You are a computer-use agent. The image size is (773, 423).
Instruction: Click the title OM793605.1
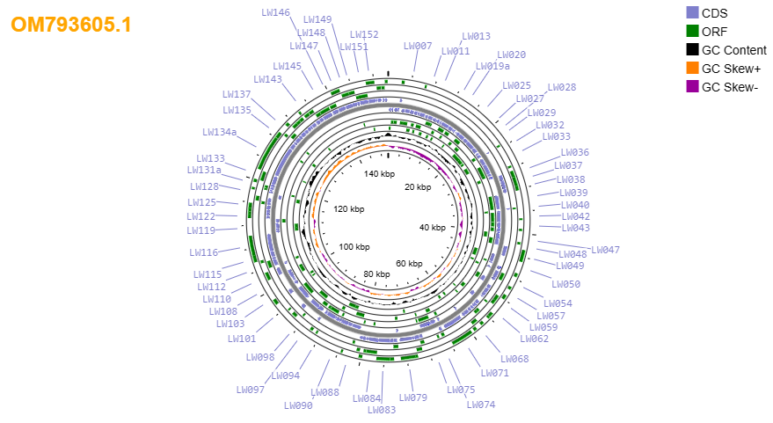coord(71,24)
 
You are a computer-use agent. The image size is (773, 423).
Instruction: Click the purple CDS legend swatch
coord(692,13)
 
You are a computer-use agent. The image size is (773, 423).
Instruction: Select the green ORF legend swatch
coord(692,31)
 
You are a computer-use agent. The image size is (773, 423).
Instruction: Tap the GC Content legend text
coord(734,50)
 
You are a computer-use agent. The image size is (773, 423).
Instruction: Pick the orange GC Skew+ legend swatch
coord(692,68)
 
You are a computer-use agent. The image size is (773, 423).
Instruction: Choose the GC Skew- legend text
coord(730,87)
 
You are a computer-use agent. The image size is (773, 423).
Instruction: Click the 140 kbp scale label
coord(379,173)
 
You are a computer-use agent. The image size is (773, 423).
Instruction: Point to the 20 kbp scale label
coord(418,186)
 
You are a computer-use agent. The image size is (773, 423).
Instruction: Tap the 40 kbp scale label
coord(433,227)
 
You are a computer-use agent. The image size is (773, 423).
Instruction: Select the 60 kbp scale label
coord(409,263)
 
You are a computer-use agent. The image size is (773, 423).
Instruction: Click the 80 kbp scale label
coord(376,274)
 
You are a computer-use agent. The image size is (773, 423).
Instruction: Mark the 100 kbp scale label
coord(354,246)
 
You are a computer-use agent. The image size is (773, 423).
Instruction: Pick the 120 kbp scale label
coord(348,209)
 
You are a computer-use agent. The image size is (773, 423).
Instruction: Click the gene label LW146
coord(275,12)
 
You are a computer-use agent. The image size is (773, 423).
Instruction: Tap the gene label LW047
coord(605,250)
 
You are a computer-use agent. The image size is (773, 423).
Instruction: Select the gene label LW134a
coord(219,132)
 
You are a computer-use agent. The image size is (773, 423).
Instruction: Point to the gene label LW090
coord(298,405)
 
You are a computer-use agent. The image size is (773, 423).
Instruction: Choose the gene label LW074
coord(481,405)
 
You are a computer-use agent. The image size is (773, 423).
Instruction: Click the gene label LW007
coord(418,46)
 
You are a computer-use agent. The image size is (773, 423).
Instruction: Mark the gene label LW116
coord(204,252)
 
